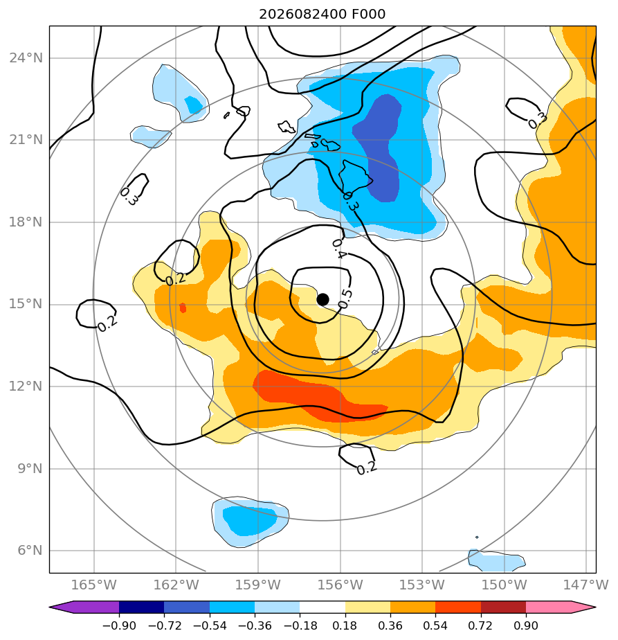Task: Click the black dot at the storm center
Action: coord(322,300)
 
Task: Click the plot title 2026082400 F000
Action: coord(322,15)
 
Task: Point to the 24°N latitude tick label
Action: coord(26,58)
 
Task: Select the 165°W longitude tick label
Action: coord(94,585)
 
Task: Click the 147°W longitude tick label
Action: coord(585,585)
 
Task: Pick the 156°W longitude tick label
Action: coord(340,585)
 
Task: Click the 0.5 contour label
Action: coord(345,299)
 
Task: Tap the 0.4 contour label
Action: coord(339,249)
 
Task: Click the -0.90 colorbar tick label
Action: coord(119,625)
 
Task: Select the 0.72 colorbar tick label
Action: coord(481,625)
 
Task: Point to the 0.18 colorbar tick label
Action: coord(345,625)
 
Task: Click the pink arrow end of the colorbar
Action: coord(561,607)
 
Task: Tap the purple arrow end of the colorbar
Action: coord(84,607)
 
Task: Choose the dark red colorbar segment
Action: coord(503,607)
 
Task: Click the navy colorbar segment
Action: coord(142,607)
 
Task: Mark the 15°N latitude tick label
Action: coord(26,304)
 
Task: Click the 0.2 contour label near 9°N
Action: coord(367,468)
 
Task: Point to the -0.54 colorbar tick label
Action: coord(210,625)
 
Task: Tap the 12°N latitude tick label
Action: coord(26,386)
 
